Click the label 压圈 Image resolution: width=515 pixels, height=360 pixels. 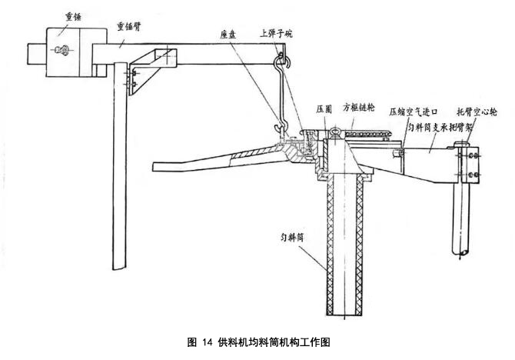[x=324, y=109]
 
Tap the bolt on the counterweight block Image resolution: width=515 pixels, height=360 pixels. [x=62, y=51]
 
